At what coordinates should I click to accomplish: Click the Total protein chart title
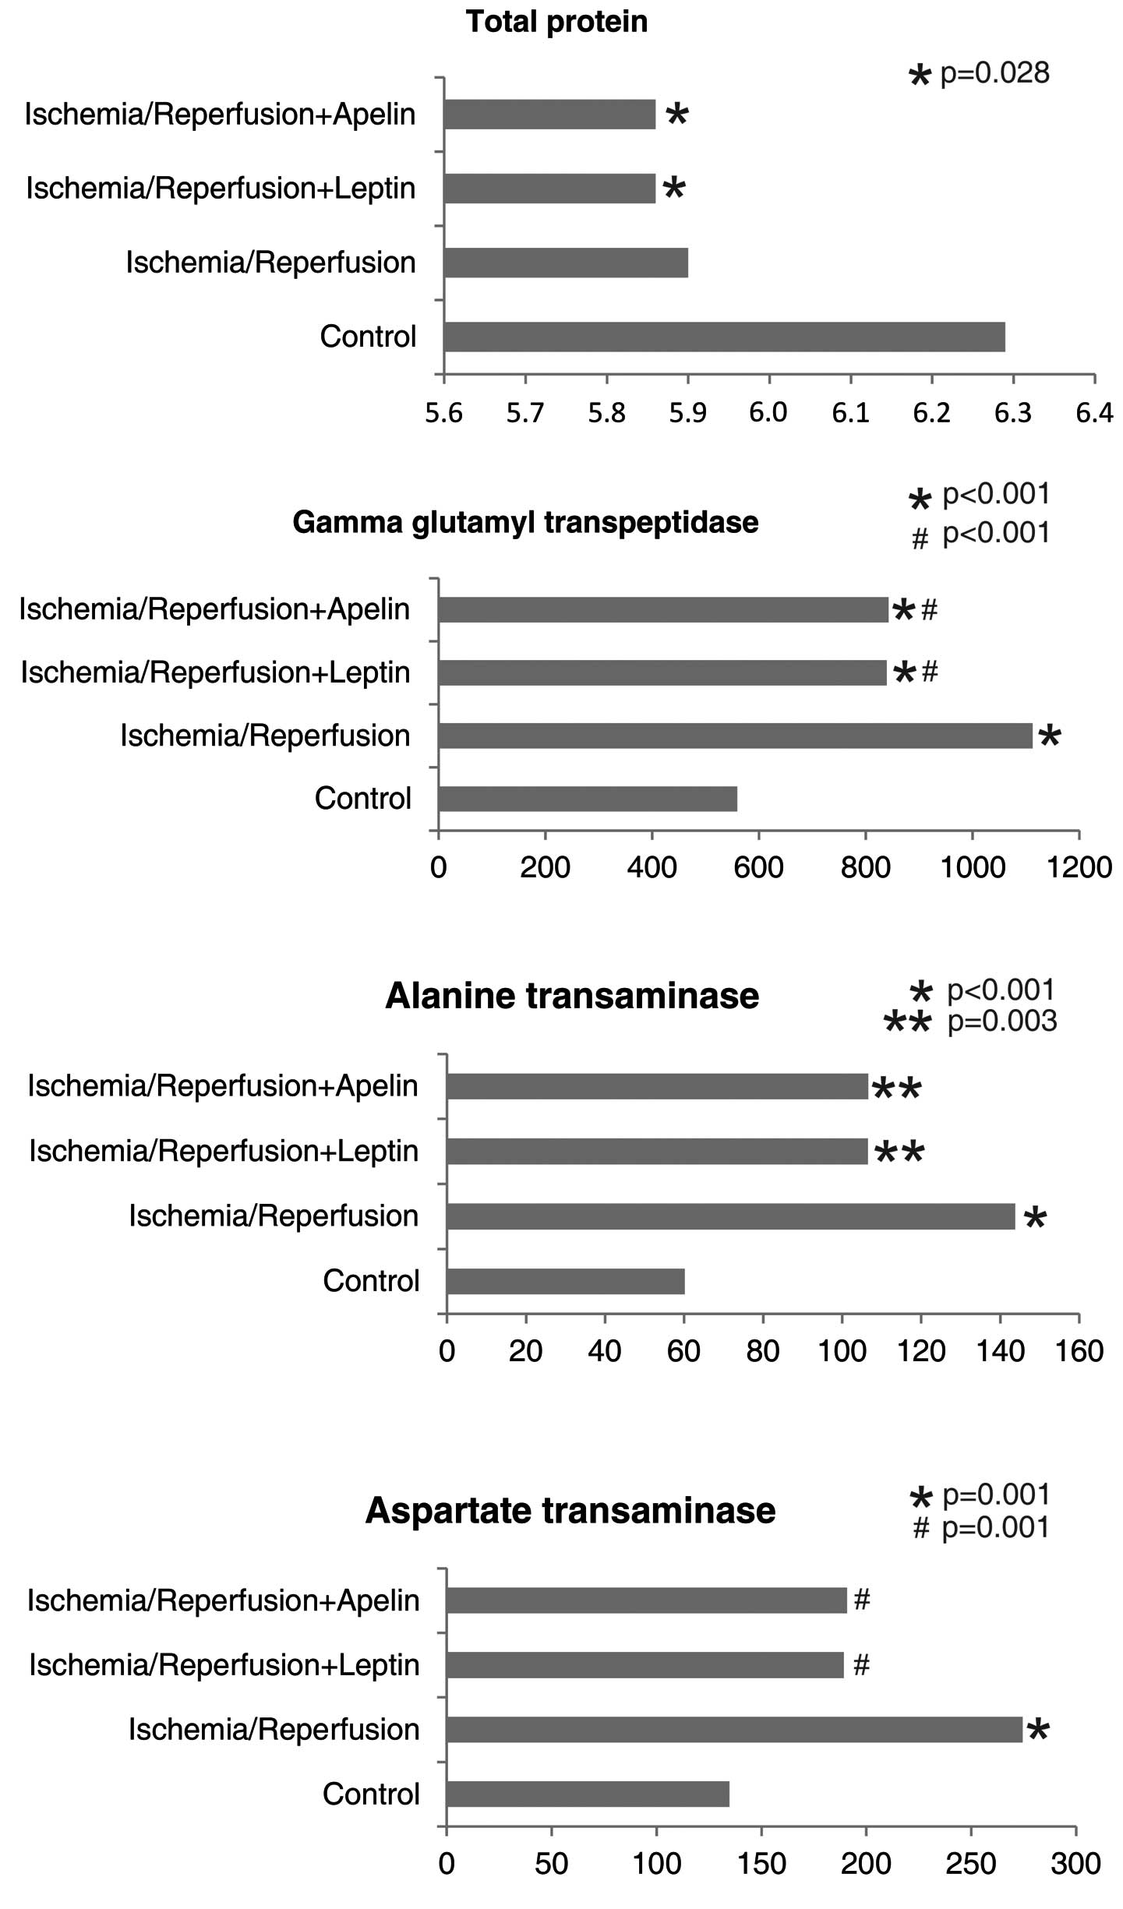[556, 22]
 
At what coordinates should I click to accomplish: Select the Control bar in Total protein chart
[724, 337]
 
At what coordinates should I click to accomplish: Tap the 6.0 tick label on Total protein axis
[768, 412]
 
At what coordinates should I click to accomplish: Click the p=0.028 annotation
[995, 73]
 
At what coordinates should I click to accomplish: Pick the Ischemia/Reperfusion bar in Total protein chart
[566, 263]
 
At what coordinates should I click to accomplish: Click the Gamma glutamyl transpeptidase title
[525, 522]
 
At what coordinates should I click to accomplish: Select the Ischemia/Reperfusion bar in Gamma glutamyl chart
[735, 736]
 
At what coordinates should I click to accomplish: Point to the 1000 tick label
[972, 867]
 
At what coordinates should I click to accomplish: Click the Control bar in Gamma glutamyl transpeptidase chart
[588, 799]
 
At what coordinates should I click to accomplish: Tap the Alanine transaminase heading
[572, 996]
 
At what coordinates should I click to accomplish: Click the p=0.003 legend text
[1002, 1021]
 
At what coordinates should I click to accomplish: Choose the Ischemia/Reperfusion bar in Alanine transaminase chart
[731, 1216]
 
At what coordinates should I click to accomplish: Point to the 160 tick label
[1079, 1350]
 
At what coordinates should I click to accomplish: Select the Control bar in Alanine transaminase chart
[566, 1281]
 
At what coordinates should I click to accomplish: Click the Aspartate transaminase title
[570, 1510]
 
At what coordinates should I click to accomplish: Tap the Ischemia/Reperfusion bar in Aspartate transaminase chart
[734, 1730]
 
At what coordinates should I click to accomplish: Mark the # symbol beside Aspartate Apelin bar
[862, 1600]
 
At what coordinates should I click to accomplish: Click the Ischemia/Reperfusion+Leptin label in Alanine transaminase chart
[224, 1151]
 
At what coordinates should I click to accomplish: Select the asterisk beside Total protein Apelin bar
[677, 115]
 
